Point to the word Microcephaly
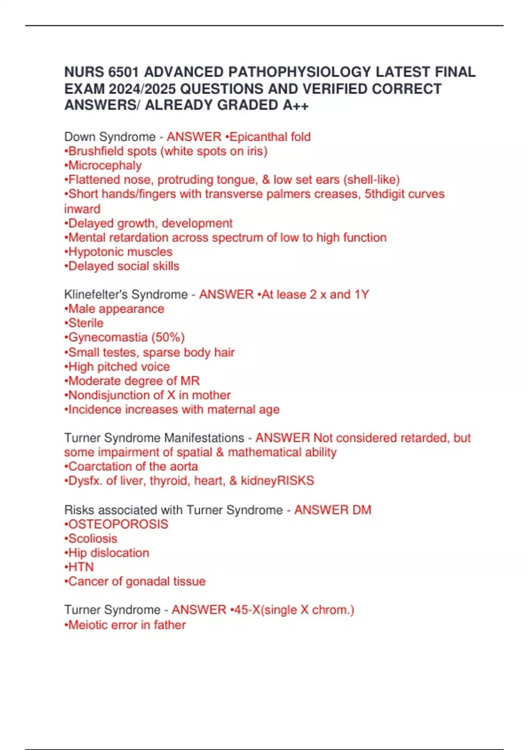pos(105,165)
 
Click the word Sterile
pos(86,323)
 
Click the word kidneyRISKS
pos(277,480)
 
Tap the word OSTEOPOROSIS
pos(118,524)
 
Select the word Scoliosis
pos(93,538)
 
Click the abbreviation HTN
pos(81,567)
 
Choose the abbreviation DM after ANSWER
pos(361,510)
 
